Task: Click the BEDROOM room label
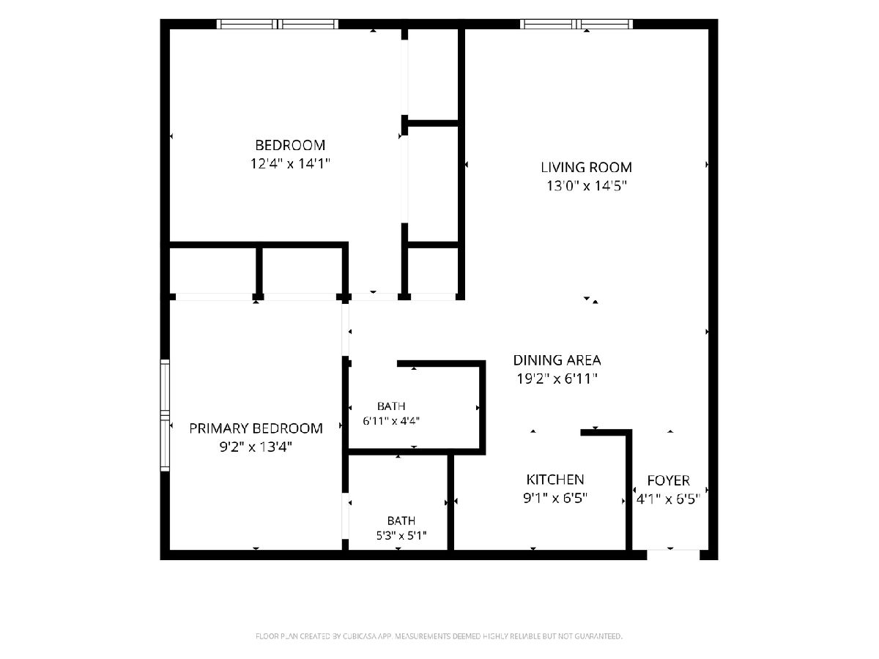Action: pos(290,145)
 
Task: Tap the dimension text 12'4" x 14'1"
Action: pos(290,163)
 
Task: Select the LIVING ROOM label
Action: pos(586,167)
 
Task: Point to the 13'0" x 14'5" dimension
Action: pos(586,186)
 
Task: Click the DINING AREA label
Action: pos(557,360)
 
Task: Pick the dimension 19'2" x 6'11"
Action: pos(557,379)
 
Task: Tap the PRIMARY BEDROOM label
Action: pos(256,428)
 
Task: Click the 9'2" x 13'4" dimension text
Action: pos(256,447)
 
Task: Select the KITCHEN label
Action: pos(555,480)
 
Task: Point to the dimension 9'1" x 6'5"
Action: pos(555,498)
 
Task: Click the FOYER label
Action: pos(668,480)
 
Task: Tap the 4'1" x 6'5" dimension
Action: pos(668,499)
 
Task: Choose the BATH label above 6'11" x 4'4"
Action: pos(391,406)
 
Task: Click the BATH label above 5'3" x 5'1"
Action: pos(401,521)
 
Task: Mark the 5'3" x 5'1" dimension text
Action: pos(401,535)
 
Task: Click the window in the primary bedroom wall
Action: pos(165,415)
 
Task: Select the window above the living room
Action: pos(576,24)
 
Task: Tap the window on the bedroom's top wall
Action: pos(278,24)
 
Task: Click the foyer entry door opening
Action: pos(673,555)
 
